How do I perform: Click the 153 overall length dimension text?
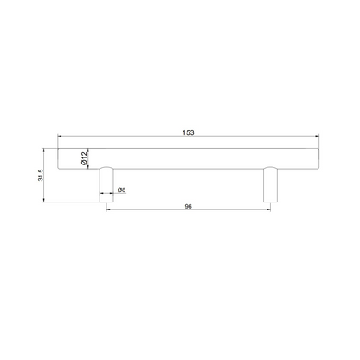point(189,132)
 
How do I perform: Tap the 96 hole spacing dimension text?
point(188,207)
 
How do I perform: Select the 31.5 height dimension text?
point(41,175)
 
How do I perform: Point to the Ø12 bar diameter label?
point(84,158)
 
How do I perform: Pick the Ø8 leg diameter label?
point(122,190)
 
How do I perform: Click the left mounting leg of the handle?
point(106,184)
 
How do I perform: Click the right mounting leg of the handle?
point(270,184)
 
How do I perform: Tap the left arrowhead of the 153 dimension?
point(60,136)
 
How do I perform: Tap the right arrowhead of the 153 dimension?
point(317,136)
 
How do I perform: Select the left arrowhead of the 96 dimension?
point(108,209)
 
